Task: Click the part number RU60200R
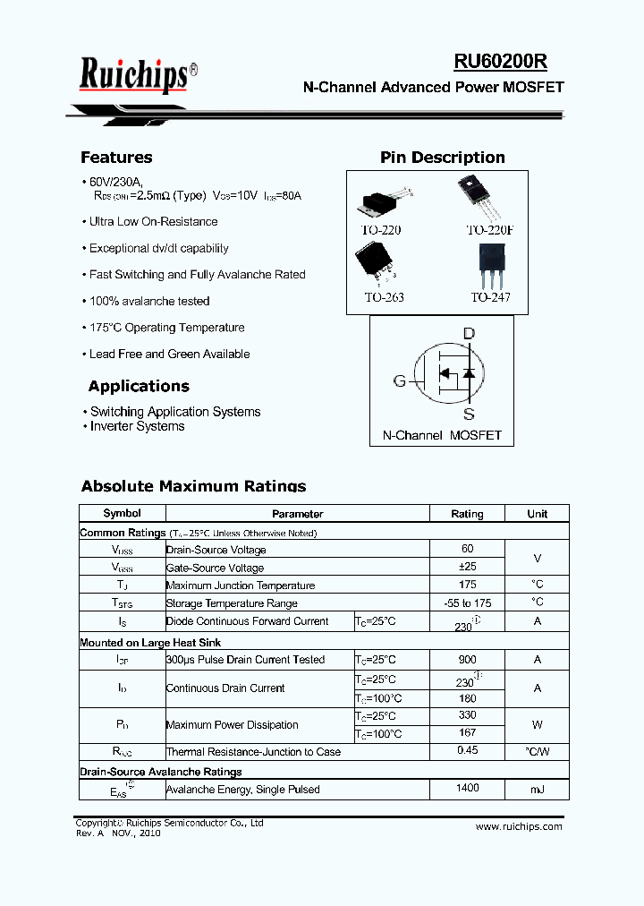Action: [500, 61]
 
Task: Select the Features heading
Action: [116, 158]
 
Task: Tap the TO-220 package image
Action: [384, 201]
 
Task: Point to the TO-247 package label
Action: [490, 297]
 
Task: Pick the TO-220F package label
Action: [490, 230]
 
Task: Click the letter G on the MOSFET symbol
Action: [400, 380]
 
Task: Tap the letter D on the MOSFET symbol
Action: [469, 334]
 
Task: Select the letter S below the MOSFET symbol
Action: [469, 414]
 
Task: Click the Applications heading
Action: [139, 387]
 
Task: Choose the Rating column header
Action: [467, 514]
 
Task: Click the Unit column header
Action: [538, 514]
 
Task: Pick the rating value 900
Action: [467, 659]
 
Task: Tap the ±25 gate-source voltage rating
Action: [467, 567]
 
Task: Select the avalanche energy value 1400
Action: [467, 789]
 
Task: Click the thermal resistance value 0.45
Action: [467, 751]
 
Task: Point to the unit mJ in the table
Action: [538, 790]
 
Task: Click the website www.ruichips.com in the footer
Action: [519, 826]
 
